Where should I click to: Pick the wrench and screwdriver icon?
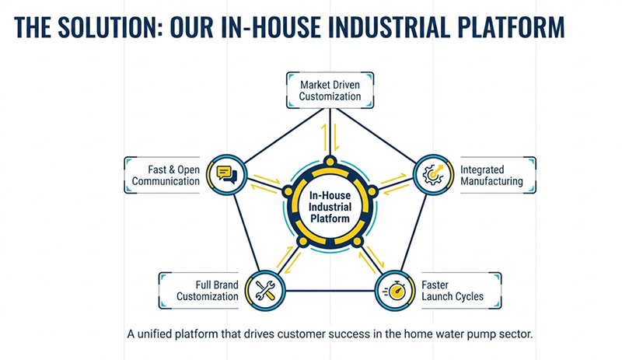click(x=263, y=292)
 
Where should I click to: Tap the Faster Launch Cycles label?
click(x=452, y=291)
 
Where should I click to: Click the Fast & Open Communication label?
click(x=169, y=175)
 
